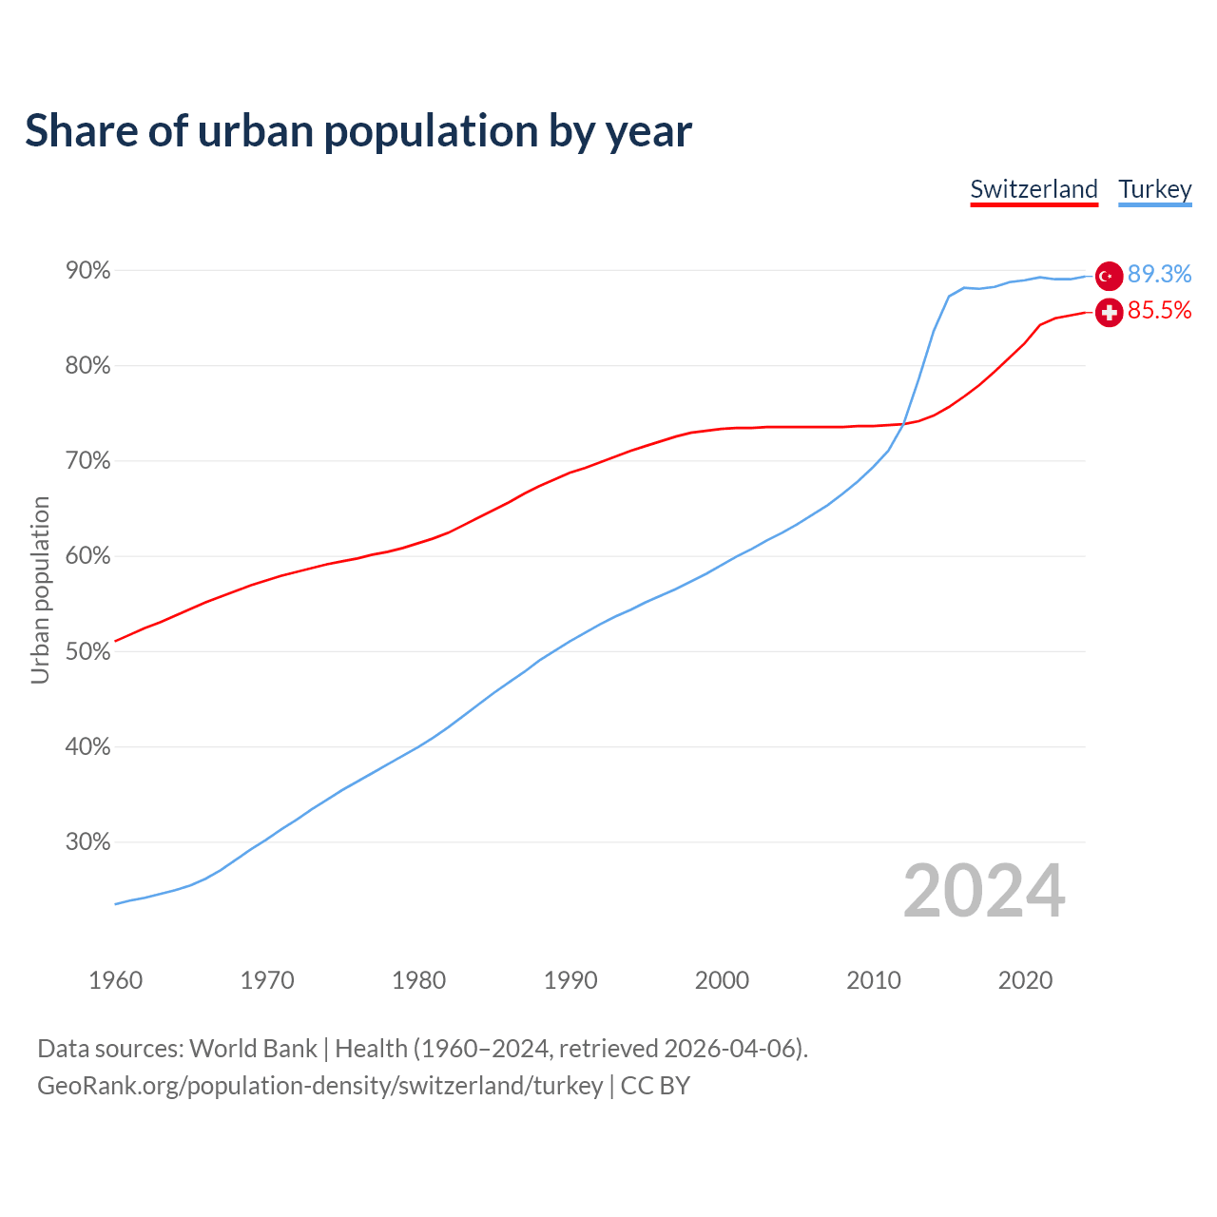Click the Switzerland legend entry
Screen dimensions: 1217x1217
(x=1033, y=189)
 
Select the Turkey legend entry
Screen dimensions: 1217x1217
(x=1155, y=189)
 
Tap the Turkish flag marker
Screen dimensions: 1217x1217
(x=1109, y=276)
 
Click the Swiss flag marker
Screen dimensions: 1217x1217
(x=1109, y=312)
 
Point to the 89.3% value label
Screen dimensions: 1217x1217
(x=1159, y=275)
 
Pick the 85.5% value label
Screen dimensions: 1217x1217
(x=1159, y=311)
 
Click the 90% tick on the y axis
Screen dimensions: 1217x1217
(x=88, y=271)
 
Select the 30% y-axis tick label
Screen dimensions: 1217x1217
(x=88, y=842)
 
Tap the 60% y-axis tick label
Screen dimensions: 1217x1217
(x=88, y=556)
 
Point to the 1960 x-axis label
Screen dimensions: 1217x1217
(x=115, y=980)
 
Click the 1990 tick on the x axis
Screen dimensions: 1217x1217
(x=570, y=980)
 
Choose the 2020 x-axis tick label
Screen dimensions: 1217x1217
(x=1025, y=980)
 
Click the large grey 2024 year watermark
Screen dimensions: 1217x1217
(x=984, y=891)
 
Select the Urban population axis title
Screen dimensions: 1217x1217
(x=40, y=589)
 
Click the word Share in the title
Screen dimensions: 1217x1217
(x=80, y=131)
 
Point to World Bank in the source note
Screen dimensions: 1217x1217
(x=253, y=1049)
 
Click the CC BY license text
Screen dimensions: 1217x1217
(x=655, y=1086)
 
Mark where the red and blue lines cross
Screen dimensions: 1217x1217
(x=902, y=423)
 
